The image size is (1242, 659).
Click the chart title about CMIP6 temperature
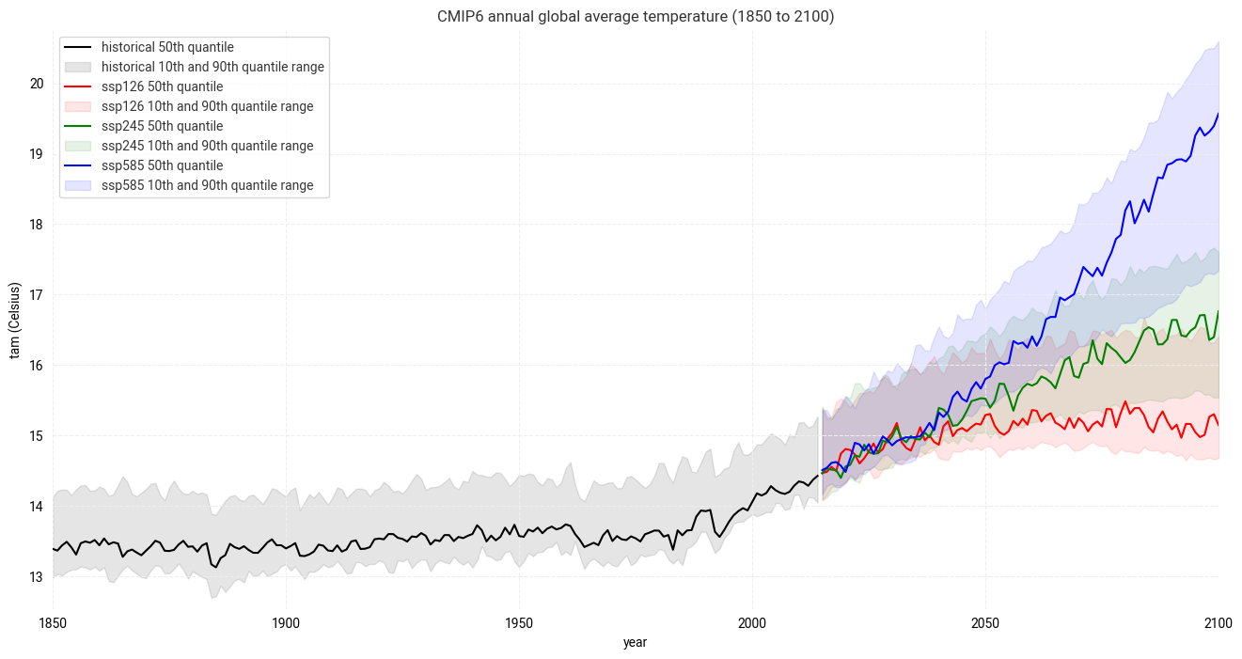(635, 17)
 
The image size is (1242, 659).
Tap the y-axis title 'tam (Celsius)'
(16, 321)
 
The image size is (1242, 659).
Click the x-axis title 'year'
(635, 643)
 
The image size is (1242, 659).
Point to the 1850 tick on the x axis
(53, 622)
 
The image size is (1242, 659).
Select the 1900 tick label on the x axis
(286, 622)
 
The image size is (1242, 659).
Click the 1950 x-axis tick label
(519, 622)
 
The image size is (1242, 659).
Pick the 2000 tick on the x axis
(752, 622)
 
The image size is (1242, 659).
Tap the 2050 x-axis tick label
(985, 622)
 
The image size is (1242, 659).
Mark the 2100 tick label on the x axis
(1218, 622)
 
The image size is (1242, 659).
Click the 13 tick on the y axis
(37, 577)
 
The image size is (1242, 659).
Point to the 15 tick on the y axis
(37, 436)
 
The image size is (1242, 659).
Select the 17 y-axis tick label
(37, 295)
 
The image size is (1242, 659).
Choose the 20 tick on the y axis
(37, 84)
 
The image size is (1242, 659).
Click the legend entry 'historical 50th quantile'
(167, 47)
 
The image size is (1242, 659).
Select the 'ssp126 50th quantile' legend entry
(162, 86)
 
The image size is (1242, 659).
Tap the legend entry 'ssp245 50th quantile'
(162, 126)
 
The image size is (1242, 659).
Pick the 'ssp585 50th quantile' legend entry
(162, 165)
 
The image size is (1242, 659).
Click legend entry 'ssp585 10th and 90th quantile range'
(207, 185)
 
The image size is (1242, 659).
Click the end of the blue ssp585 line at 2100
(1218, 113)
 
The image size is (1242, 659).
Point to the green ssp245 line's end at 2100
(1218, 311)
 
